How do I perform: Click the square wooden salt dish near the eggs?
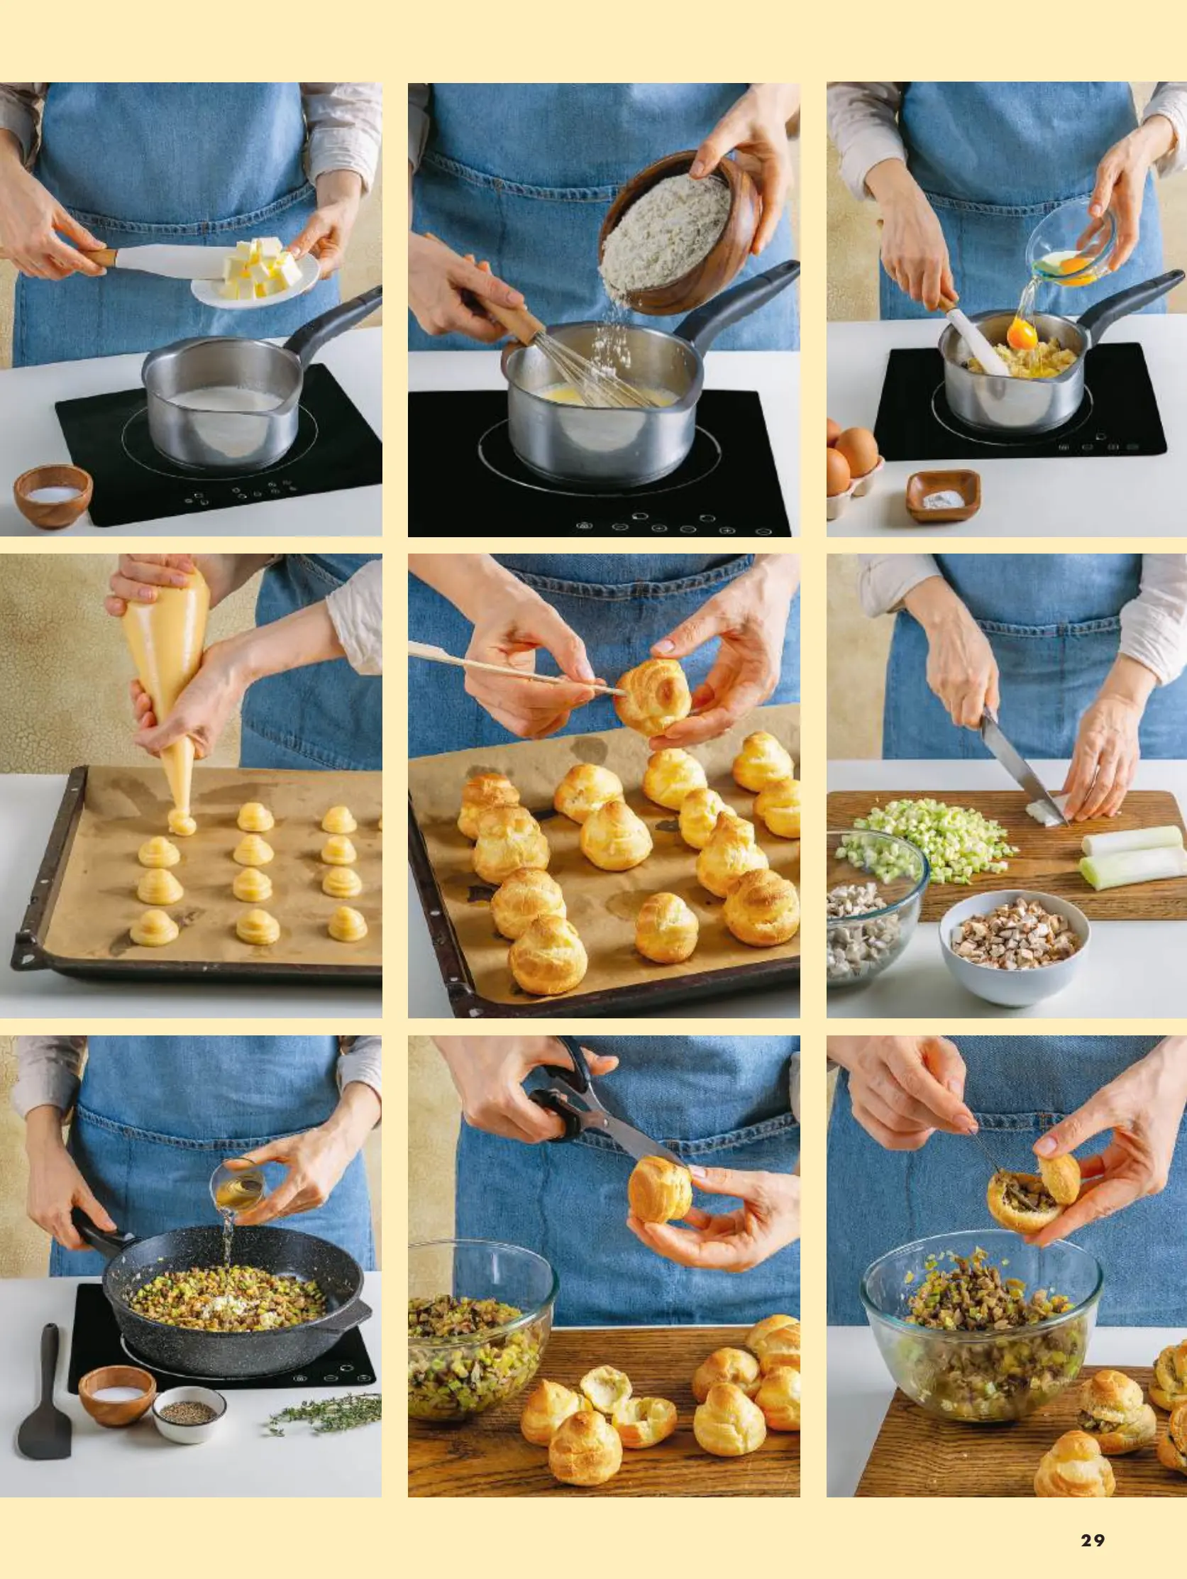pyautogui.click(x=942, y=495)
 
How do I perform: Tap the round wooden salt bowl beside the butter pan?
pyautogui.click(x=53, y=495)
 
